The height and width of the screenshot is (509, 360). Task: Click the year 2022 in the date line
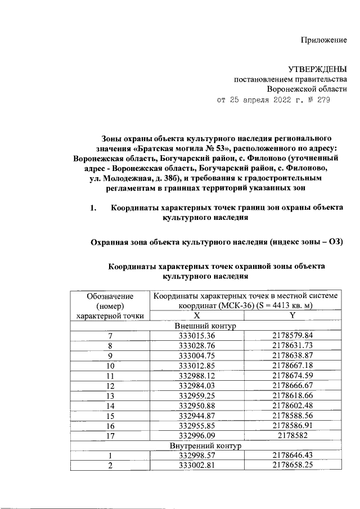278,101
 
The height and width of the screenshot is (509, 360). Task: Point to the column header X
196,316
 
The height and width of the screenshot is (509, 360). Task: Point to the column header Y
292,316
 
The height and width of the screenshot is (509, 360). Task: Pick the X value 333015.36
196,336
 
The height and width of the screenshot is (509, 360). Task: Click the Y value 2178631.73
292,346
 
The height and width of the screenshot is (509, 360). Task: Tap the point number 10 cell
111,366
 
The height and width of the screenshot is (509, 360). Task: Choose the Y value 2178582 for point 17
292,436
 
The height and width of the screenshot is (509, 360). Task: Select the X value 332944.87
196,416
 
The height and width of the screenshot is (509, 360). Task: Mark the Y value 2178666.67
292,386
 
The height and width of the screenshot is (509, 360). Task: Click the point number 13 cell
111,396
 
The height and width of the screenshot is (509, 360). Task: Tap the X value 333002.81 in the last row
196,466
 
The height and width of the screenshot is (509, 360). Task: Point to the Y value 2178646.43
292,456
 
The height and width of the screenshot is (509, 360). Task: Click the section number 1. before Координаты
94,208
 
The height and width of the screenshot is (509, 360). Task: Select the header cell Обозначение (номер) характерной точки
111,305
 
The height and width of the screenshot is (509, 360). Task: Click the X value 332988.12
196,376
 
